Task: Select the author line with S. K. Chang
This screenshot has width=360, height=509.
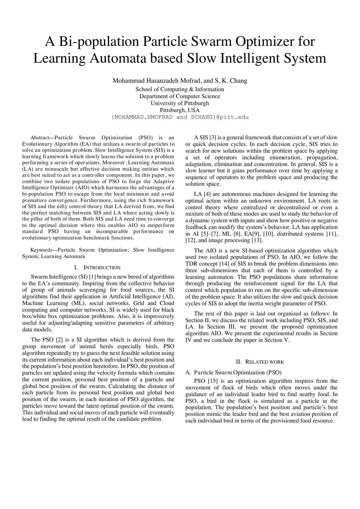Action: tap(180, 81)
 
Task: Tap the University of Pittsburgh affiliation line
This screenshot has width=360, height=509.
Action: tap(180, 103)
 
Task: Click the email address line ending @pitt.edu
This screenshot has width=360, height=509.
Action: tap(180, 117)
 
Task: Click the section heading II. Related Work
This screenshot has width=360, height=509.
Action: tap(261, 362)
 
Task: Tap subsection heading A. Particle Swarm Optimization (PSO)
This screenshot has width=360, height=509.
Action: tap(234, 373)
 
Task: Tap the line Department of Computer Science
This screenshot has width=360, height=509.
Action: tap(180, 96)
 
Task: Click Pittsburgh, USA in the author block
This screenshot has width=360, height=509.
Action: tap(180, 110)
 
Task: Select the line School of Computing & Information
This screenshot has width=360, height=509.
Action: tap(180, 89)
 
